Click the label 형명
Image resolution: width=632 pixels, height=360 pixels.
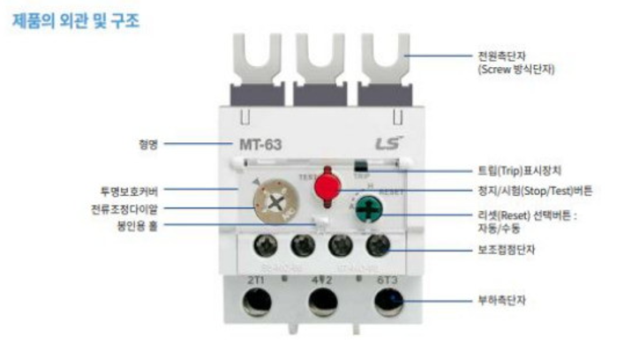147,144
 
